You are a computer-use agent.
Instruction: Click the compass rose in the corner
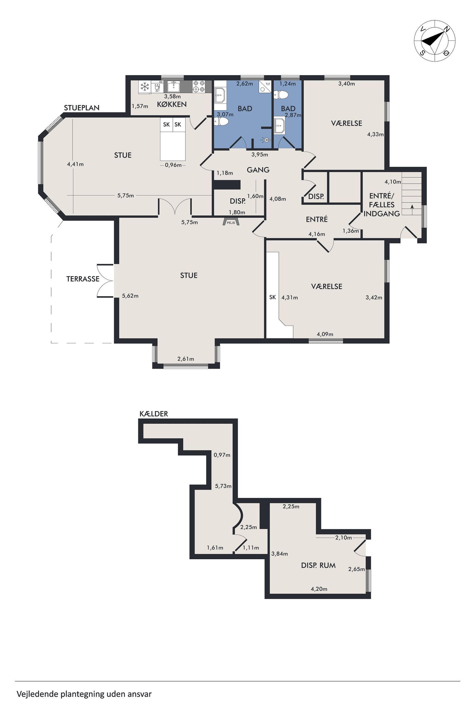[x=434, y=41]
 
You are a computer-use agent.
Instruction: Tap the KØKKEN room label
[x=172, y=104]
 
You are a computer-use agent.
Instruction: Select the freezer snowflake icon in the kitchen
[x=145, y=87]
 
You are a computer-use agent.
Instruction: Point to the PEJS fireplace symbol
[x=231, y=222]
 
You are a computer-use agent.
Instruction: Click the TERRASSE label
[x=83, y=279]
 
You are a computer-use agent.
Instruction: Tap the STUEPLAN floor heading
[x=81, y=108]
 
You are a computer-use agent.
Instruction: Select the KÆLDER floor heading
[x=153, y=414]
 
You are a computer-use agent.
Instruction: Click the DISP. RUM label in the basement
[x=318, y=565]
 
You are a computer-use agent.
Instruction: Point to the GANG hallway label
[x=258, y=170]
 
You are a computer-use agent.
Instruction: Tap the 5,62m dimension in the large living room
[x=130, y=296]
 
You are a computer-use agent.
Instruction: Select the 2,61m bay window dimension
[x=186, y=359]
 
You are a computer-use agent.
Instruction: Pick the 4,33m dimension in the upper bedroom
[x=375, y=134]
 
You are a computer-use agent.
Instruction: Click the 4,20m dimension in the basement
[x=319, y=589]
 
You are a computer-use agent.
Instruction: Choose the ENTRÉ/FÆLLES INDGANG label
[x=382, y=205]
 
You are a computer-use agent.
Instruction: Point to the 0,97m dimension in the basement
[x=222, y=455]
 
